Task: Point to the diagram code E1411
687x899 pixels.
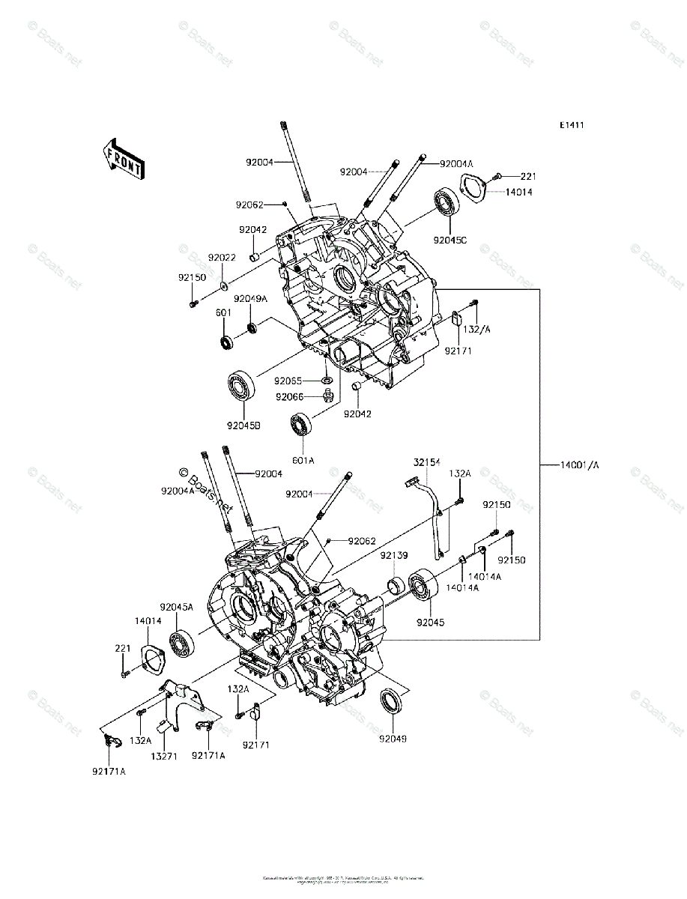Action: [571, 125]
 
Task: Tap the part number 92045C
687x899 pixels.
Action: [450, 240]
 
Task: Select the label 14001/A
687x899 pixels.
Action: [580, 465]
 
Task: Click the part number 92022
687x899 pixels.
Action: [222, 257]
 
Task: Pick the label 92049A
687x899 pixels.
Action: [250, 298]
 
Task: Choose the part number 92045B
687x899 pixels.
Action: [243, 426]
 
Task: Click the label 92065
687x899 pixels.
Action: [288, 381]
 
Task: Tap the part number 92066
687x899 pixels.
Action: [289, 397]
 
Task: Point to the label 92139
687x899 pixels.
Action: [393, 555]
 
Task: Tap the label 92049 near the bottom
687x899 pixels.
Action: [393, 739]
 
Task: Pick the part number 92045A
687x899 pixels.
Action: [176, 607]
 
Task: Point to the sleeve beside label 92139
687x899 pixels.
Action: [395, 584]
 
